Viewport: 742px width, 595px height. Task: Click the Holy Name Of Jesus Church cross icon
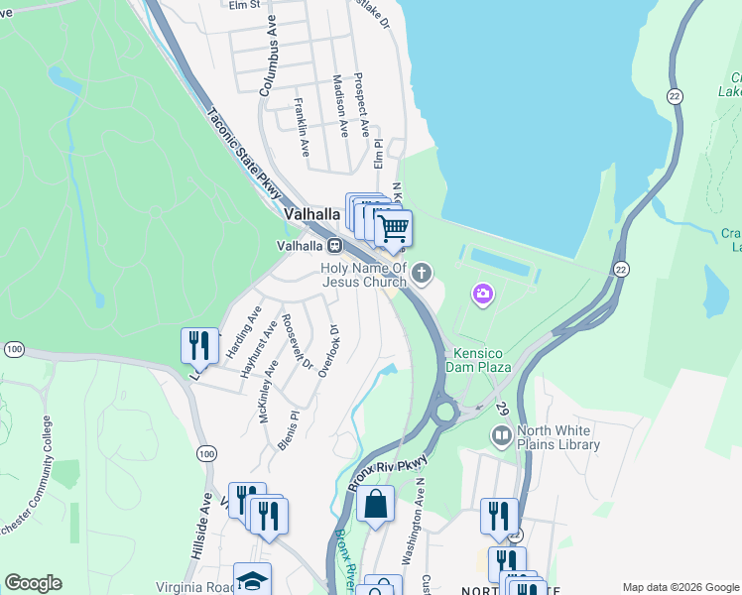point(423,272)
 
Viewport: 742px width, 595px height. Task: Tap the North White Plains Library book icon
point(502,435)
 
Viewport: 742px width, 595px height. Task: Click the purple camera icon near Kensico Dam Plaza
point(483,293)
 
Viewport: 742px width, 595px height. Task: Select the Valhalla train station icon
point(335,245)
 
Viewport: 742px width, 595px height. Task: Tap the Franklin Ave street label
point(302,127)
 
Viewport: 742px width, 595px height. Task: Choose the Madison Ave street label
point(340,105)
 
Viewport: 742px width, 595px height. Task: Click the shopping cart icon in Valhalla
point(394,228)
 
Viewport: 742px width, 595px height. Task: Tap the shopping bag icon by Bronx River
point(376,504)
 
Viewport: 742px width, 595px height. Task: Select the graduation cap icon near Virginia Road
point(252,580)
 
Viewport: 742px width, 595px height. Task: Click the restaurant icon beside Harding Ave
point(199,345)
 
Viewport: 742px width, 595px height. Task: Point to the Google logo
point(33,583)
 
